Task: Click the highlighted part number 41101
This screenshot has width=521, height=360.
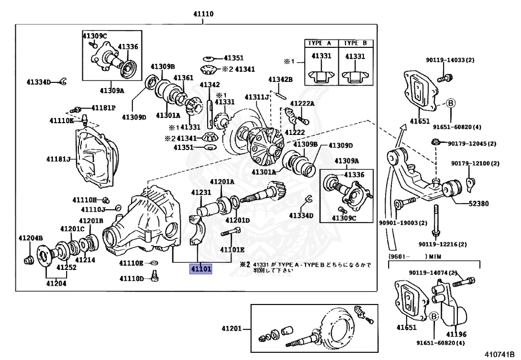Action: tap(200, 268)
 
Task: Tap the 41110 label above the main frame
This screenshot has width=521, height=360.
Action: tap(204, 14)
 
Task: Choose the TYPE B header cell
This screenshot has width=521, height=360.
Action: tap(356, 43)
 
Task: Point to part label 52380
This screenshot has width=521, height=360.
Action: tap(478, 204)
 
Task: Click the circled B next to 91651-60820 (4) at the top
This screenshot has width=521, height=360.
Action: tap(451, 103)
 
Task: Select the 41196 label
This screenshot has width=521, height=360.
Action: tap(456, 335)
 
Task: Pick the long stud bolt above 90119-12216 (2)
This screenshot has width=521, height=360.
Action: tap(436, 220)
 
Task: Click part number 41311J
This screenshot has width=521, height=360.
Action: tap(257, 97)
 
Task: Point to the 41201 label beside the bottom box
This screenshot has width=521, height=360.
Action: tap(231, 329)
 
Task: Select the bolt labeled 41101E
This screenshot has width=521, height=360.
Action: tap(230, 231)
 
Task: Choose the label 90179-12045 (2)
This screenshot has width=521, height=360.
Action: tap(472, 144)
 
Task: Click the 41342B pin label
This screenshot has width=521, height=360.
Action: tap(280, 79)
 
